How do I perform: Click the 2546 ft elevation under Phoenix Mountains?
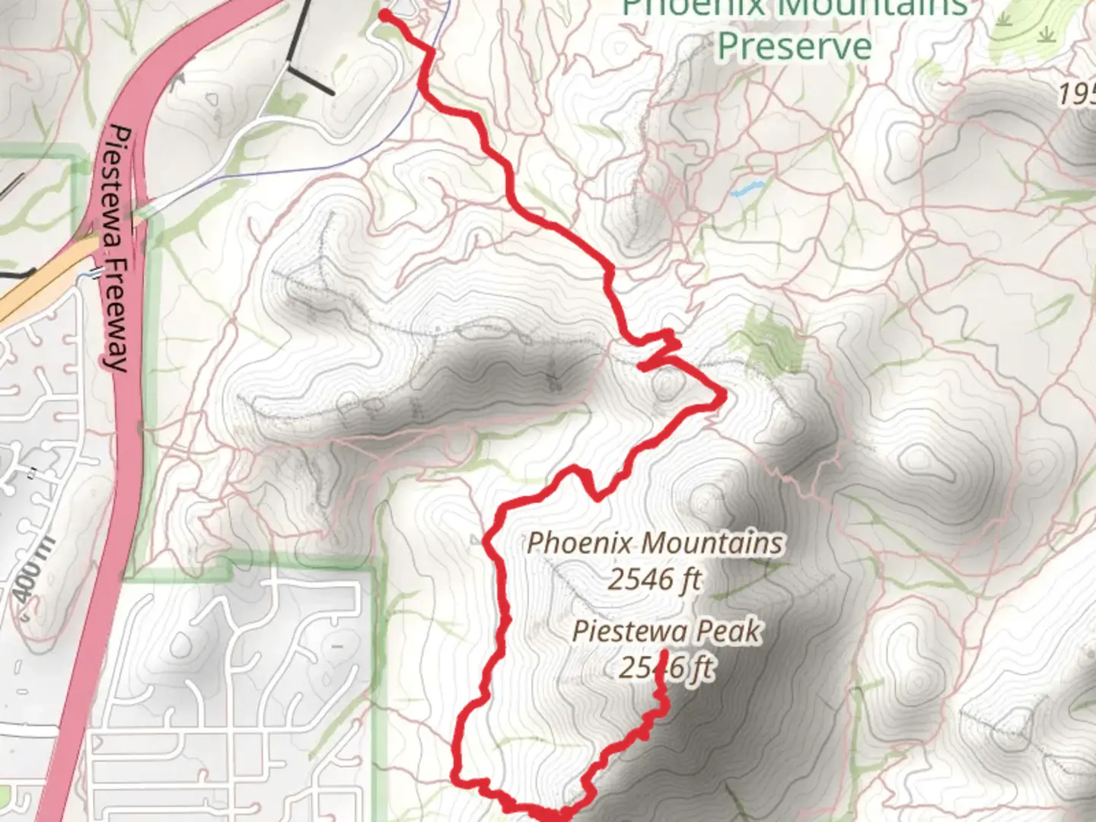click(654, 579)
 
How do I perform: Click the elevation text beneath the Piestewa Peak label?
click(666, 667)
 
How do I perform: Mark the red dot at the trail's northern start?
click(385, 15)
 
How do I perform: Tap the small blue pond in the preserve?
click(747, 188)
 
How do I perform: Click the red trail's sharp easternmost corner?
click(723, 394)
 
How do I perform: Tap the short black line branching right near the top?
click(310, 79)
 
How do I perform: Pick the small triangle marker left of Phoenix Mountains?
click(476, 541)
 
